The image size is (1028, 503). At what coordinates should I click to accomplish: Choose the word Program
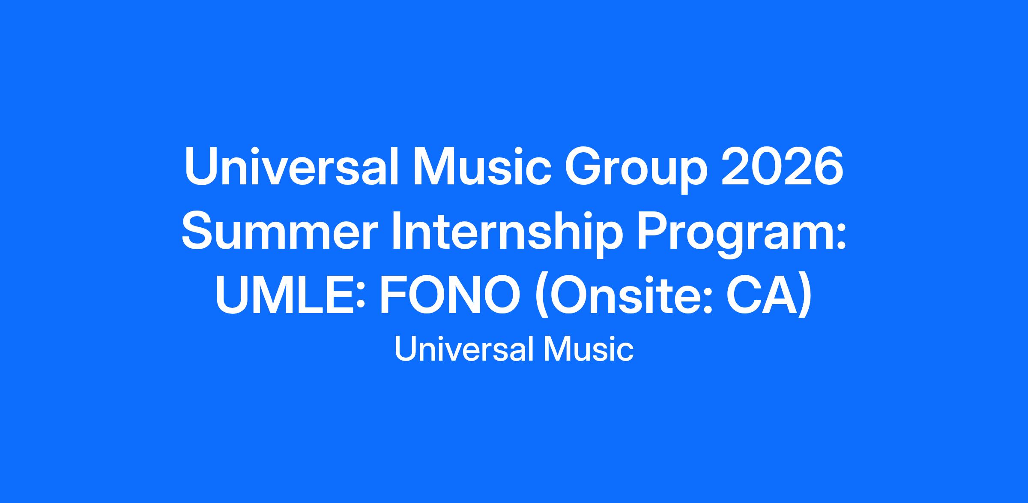(734, 235)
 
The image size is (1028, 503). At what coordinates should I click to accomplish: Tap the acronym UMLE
(284, 296)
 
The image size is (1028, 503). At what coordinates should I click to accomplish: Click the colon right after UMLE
(361, 300)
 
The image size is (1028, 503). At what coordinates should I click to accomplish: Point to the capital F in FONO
(394, 296)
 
